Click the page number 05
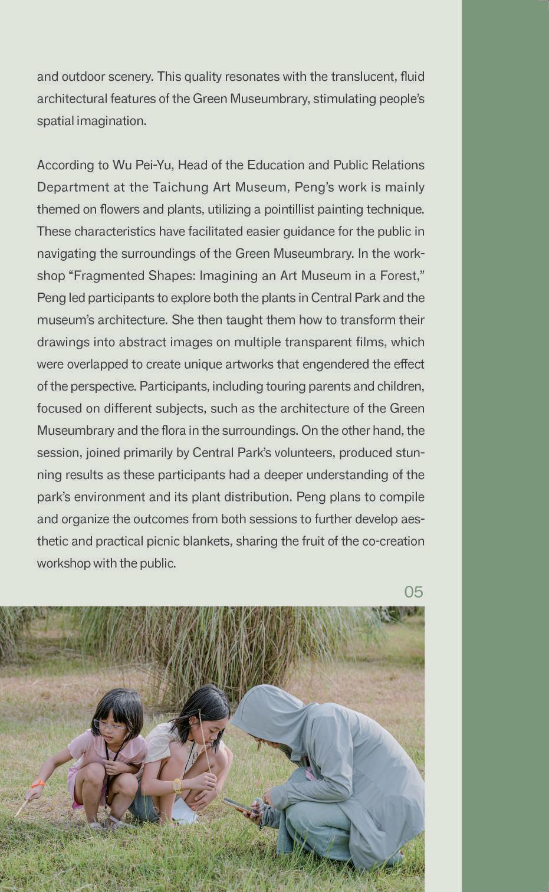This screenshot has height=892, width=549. click(413, 592)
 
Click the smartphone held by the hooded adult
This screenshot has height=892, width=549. click(240, 806)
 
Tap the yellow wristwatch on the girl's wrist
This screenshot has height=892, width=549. click(177, 785)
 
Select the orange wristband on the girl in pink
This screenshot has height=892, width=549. click(37, 783)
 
